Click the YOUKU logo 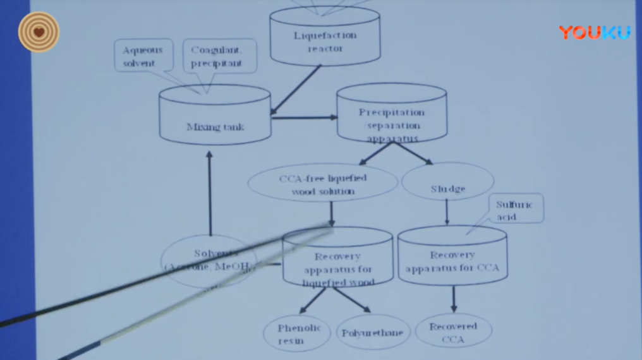(594, 32)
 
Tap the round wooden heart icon (39, 32)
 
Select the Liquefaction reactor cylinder (325, 39)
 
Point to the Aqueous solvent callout (139, 56)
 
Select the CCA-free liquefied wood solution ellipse (323, 183)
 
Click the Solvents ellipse (209, 261)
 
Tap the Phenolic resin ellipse (296, 333)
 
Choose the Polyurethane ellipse (373, 332)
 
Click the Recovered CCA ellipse (453, 332)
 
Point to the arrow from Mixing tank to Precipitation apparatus (304, 117)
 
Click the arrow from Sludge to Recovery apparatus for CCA (447, 212)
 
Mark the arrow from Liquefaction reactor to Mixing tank (296, 90)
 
